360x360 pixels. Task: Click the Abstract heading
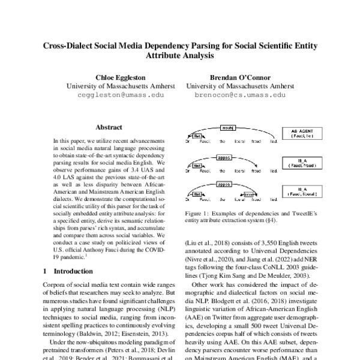click(109, 127)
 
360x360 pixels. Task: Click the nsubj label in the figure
click(228, 129)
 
